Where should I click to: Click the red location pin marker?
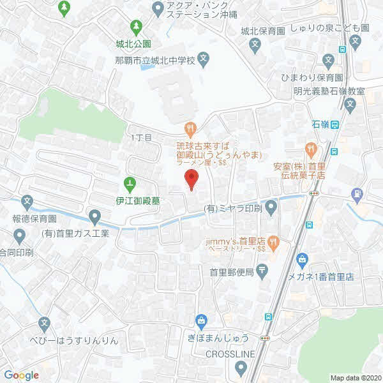(190, 179)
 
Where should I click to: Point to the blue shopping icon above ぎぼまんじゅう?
(202, 319)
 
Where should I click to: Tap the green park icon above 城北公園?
(135, 27)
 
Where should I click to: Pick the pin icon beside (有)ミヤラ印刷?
(271, 207)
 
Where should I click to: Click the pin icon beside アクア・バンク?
(159, 8)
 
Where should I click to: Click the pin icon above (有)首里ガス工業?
(95, 218)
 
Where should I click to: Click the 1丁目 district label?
(140, 137)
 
